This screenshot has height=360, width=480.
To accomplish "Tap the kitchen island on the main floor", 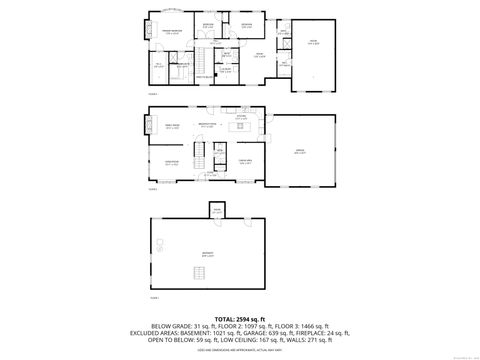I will (x=241, y=127).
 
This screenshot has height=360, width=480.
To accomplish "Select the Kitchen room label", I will (x=241, y=116).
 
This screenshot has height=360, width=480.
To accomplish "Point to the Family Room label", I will (x=172, y=127).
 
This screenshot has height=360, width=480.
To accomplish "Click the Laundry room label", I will (x=226, y=69).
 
